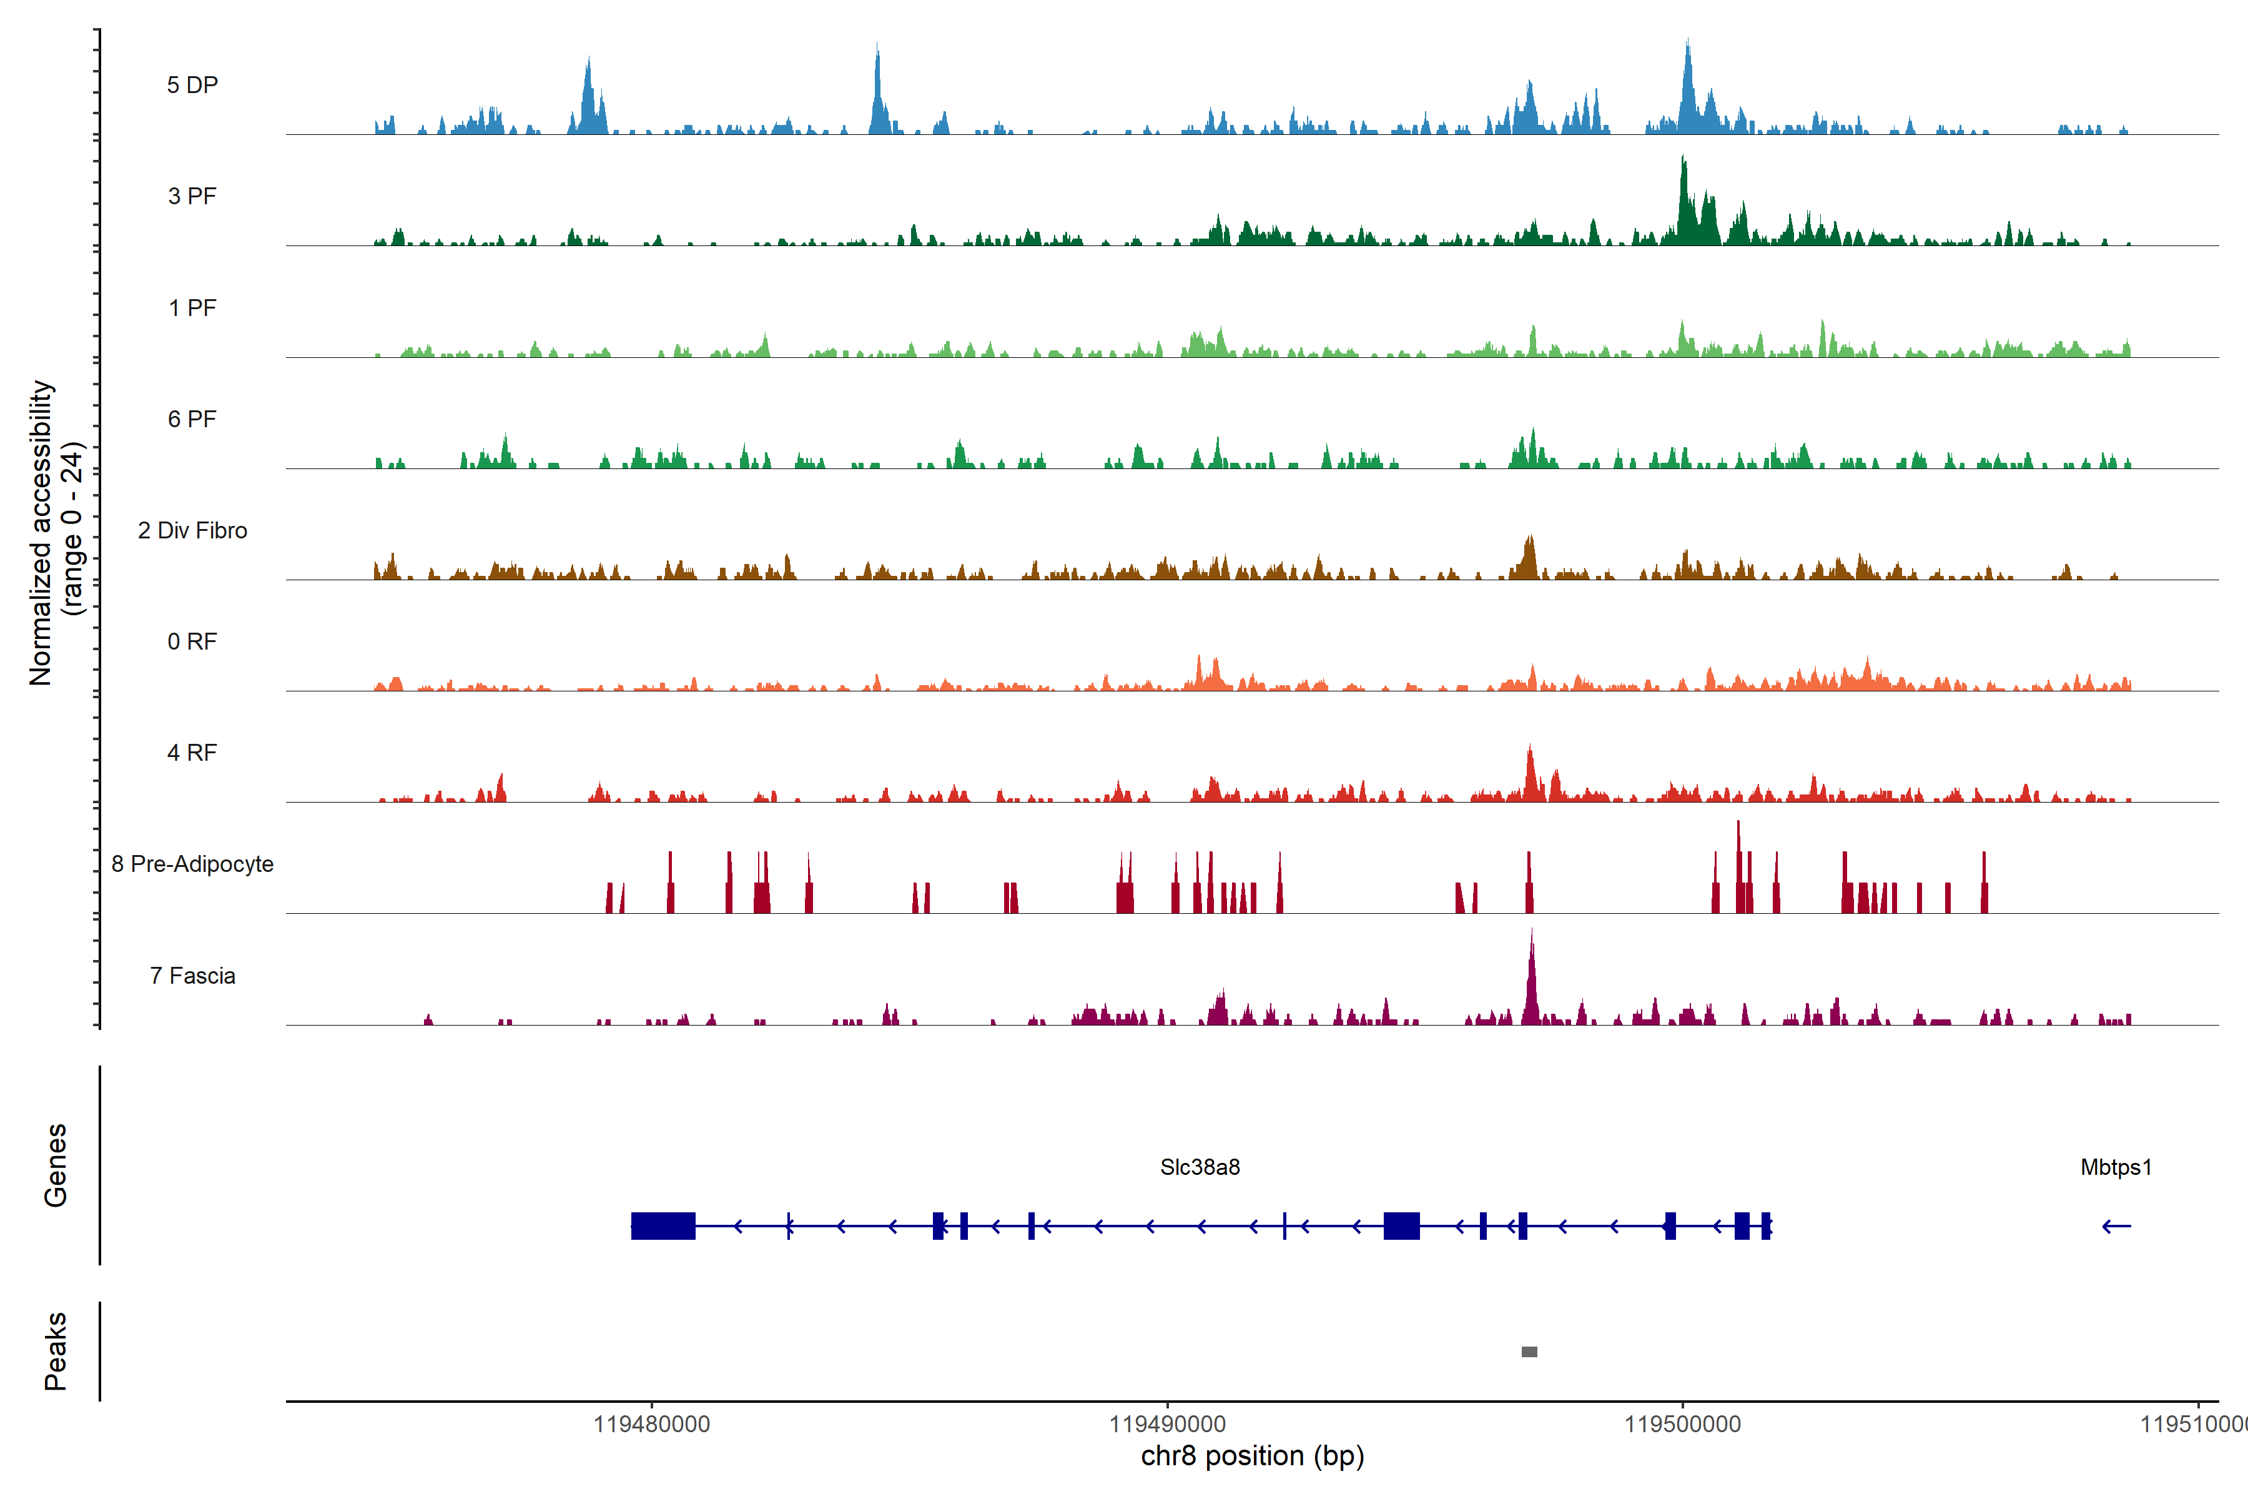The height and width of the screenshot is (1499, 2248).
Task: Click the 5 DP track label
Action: click(192, 85)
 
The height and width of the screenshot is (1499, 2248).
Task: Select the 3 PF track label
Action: click(192, 196)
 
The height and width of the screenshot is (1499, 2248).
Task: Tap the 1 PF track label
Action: click(192, 308)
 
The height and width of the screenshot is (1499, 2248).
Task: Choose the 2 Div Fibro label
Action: click(192, 530)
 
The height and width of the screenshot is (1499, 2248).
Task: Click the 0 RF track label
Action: click(192, 641)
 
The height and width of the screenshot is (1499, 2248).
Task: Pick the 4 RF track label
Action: click(192, 753)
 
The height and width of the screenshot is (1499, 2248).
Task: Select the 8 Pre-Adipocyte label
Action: click(192, 864)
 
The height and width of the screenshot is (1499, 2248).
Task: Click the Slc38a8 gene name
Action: click(1200, 1167)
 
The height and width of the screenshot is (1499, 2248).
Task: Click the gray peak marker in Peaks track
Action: click(1529, 1352)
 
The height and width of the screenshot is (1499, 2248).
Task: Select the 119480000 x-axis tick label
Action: click(652, 1425)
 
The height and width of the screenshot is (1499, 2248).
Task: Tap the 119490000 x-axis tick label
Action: click(1167, 1425)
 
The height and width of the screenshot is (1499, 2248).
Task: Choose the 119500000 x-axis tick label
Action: click(1682, 1425)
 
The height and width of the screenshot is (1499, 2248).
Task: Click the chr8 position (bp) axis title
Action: click(1252, 1456)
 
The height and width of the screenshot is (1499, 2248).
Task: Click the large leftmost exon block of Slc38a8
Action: click(663, 1225)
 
